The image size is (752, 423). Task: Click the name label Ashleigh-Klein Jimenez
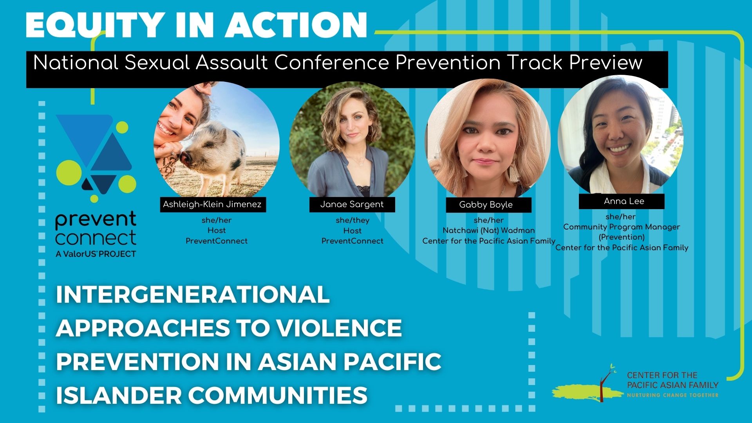212,204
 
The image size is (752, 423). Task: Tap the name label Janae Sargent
352,204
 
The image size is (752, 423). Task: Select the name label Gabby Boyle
486,205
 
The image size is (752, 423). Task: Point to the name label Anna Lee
624,201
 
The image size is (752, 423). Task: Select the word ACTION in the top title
296,25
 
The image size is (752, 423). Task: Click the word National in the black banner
76,63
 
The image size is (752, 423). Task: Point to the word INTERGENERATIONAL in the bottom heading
192,295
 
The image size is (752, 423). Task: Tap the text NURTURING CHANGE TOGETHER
672,395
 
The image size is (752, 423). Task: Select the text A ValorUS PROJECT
96,254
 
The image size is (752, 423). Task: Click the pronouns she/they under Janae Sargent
352,220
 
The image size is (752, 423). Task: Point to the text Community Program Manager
622,227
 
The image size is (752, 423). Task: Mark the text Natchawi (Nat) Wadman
488,230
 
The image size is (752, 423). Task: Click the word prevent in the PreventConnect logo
96,220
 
